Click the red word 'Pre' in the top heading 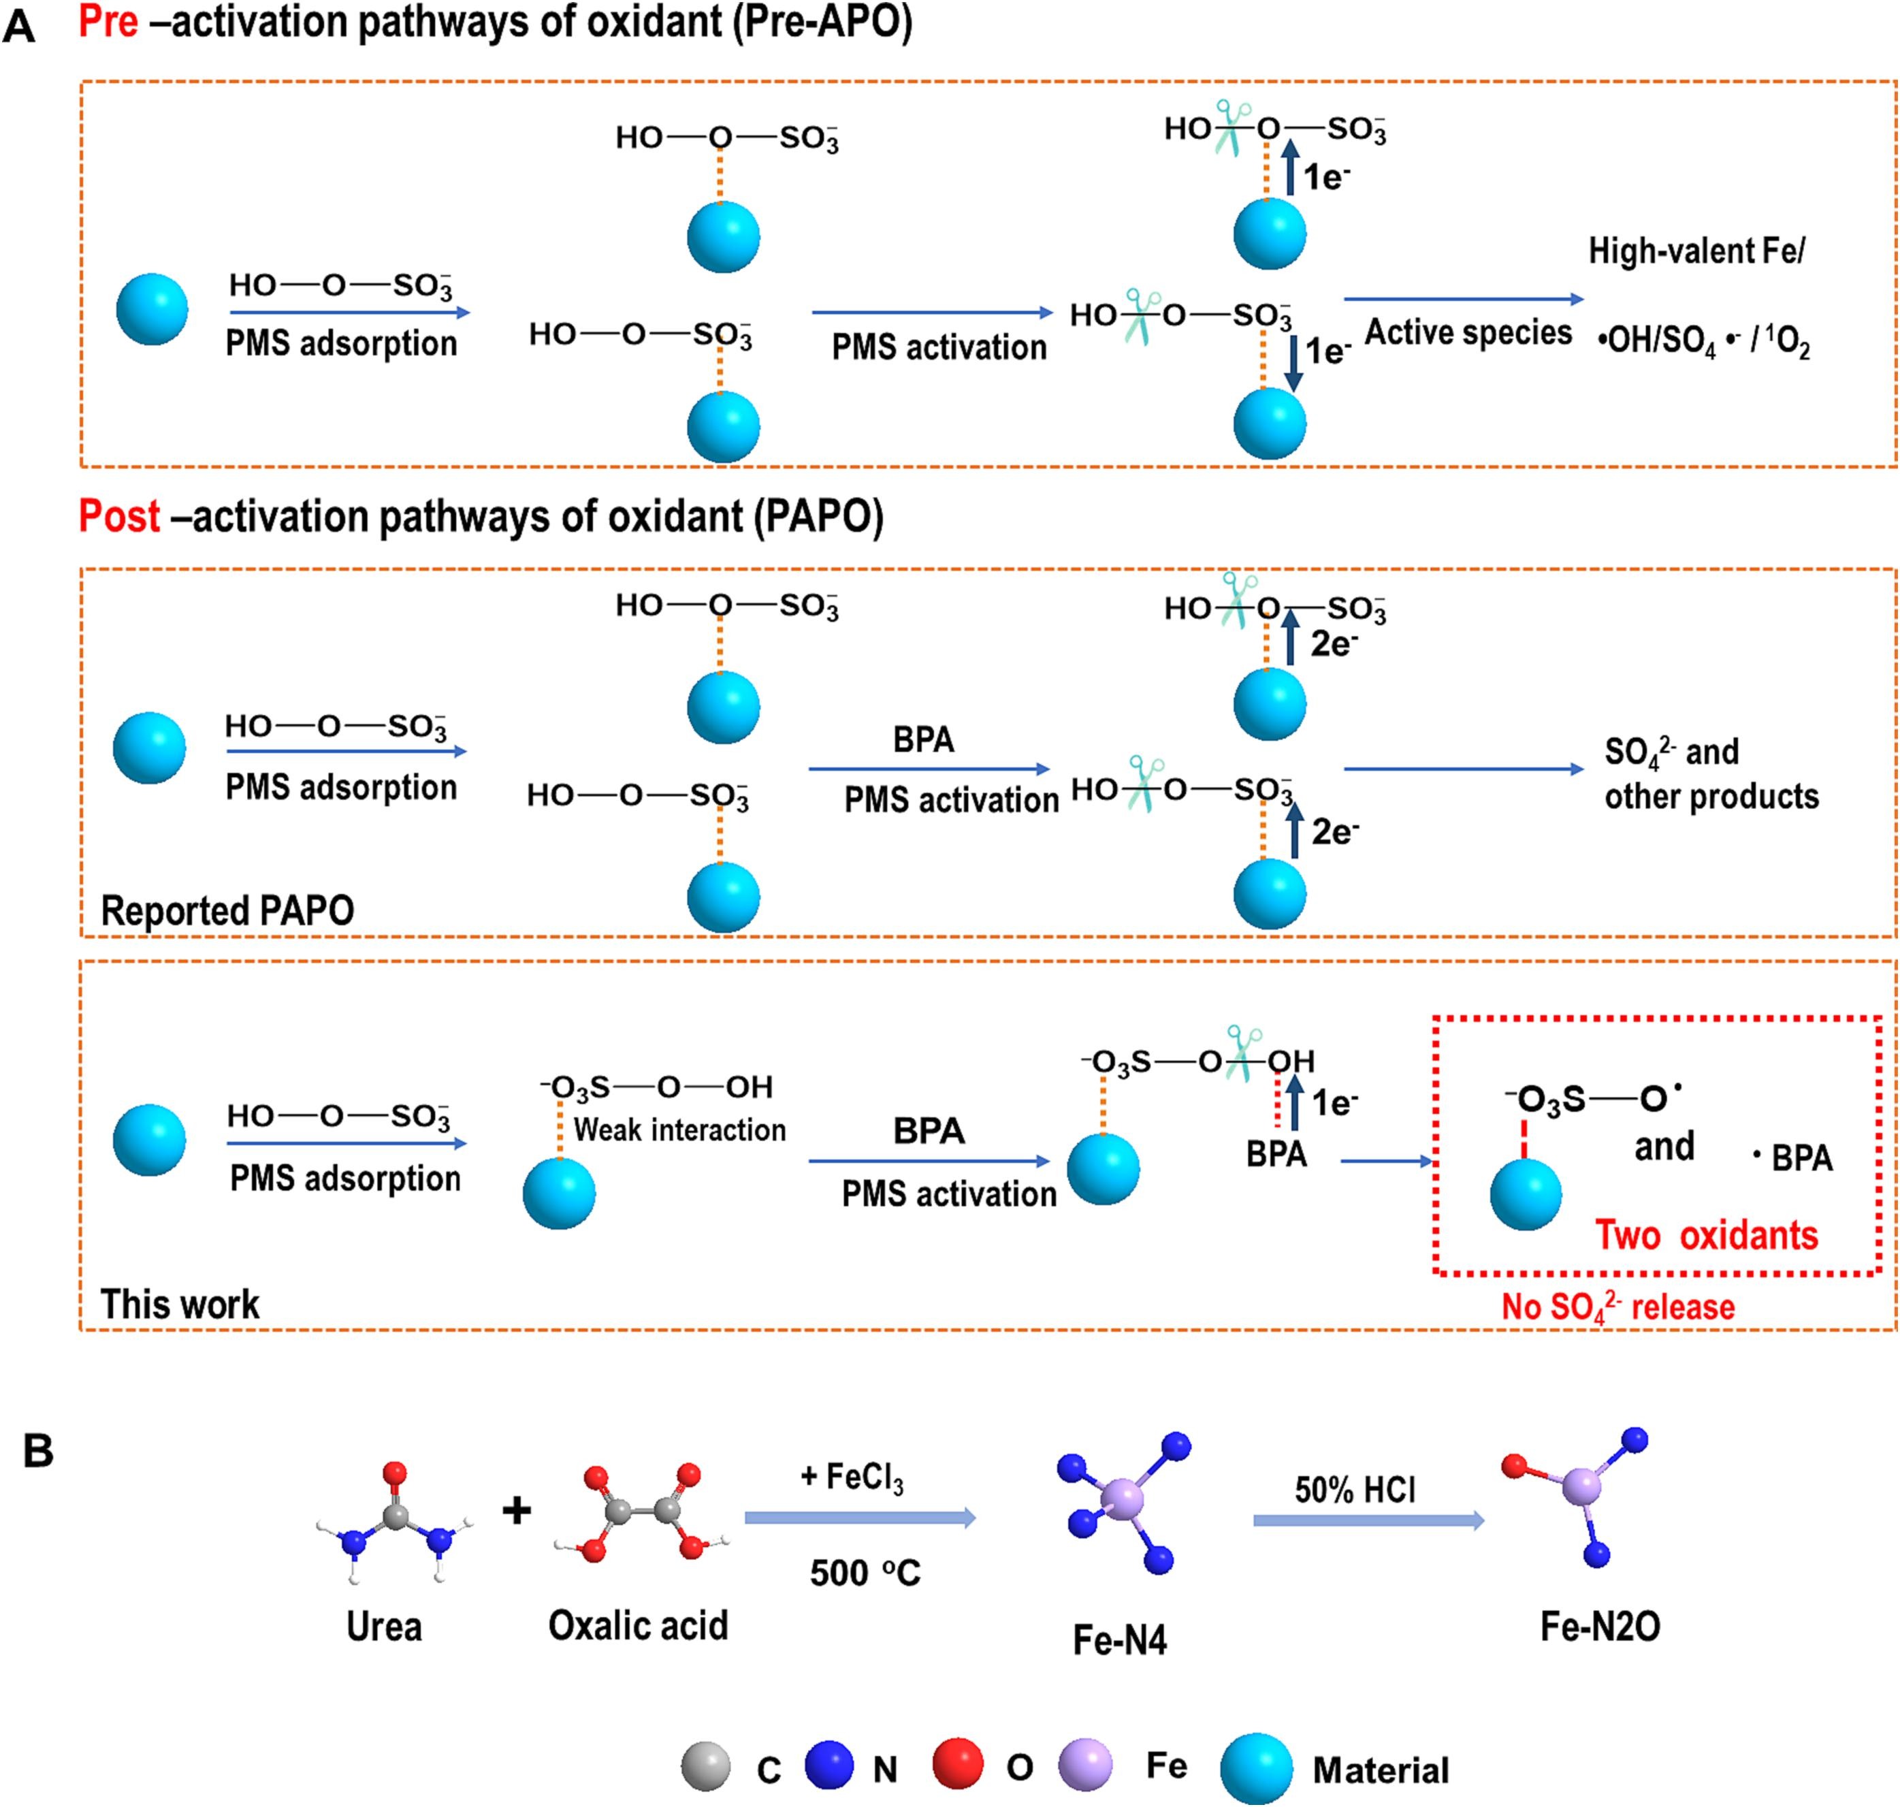[108, 22]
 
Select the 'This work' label [180, 1305]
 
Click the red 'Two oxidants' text [1707, 1235]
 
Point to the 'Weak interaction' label [680, 1129]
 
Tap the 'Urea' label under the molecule [384, 1627]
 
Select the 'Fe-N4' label [1120, 1640]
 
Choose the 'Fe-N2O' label [1600, 1627]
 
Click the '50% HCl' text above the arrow [1355, 1490]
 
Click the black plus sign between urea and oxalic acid [517, 1510]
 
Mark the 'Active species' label [1468, 332]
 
